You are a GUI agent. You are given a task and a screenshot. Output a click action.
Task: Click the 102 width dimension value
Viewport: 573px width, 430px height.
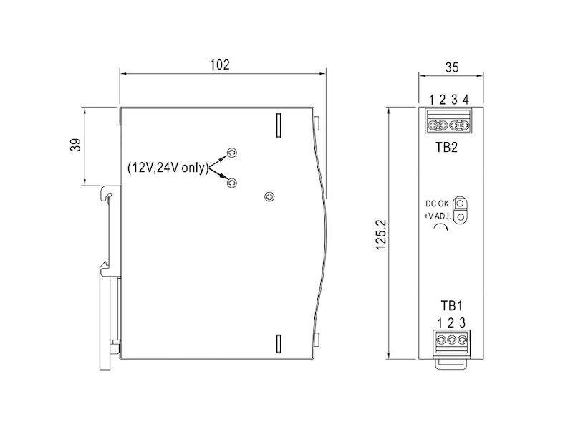219,64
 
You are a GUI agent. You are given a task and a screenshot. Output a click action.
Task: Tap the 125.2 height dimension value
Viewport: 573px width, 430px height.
380,234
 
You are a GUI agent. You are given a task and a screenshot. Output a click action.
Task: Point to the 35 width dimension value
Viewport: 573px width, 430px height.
452,68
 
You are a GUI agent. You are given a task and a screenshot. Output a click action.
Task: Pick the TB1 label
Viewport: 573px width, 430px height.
451,305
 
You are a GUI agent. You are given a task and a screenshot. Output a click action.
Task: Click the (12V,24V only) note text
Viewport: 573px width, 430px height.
167,168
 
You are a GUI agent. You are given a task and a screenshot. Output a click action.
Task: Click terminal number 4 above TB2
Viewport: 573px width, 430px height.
466,100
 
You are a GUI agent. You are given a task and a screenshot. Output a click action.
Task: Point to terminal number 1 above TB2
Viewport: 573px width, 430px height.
432,100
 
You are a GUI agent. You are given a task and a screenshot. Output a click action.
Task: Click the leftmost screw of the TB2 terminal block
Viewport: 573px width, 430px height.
433,126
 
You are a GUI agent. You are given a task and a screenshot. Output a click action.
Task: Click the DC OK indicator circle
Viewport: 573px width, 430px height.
462,204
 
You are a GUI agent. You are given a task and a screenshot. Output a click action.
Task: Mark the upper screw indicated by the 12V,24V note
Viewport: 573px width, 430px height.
231,153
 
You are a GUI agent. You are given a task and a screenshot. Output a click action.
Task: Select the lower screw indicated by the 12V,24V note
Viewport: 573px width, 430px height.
231,184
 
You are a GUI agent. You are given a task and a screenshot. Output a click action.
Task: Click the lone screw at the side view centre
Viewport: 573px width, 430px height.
269,196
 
